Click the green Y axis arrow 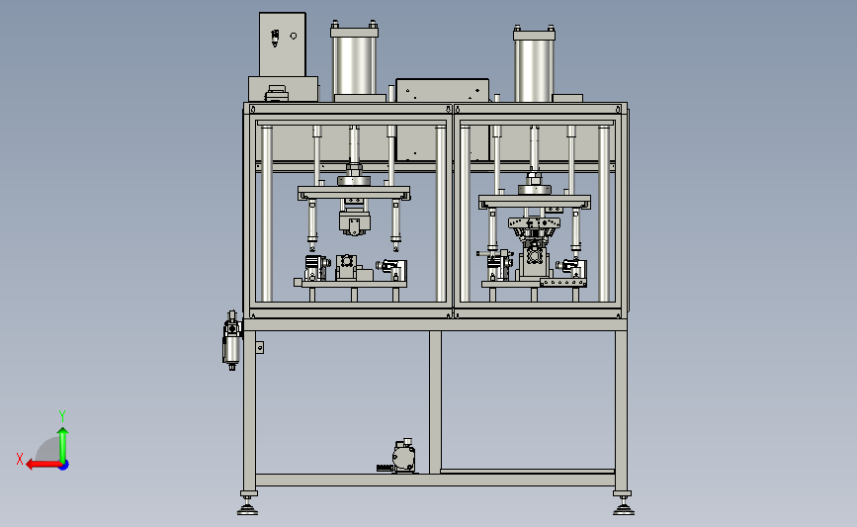pos(63,445)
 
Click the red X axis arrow pos(43,465)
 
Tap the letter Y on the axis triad pos(61,416)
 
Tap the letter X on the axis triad pos(20,459)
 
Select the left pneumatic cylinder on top pos(354,60)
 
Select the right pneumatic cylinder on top pos(534,64)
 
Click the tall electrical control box pos(282,44)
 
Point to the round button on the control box pos(294,36)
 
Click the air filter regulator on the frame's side pos(231,341)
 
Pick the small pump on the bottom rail pos(403,457)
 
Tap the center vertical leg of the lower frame pos(435,401)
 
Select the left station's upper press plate pos(354,193)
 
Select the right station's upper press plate pos(535,201)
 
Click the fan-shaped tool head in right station pos(534,228)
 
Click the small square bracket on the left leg pos(260,347)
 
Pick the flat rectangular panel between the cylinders pos(442,90)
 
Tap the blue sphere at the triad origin pos(64,466)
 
